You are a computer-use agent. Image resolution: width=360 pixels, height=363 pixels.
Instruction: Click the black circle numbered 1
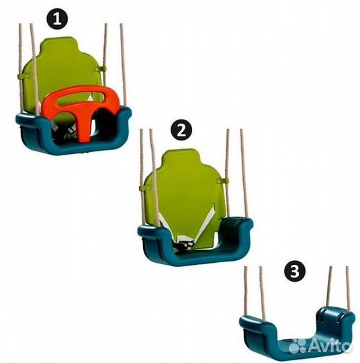(x=57, y=19)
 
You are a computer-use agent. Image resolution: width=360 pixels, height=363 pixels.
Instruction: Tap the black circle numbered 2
(x=181, y=130)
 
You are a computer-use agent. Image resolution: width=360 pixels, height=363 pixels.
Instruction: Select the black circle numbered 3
(x=295, y=271)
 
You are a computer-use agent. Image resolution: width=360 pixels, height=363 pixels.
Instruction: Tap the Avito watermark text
(x=330, y=346)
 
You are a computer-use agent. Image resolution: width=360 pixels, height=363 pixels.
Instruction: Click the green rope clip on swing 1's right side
(x=102, y=69)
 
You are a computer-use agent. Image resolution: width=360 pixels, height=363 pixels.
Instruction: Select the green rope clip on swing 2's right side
(x=224, y=181)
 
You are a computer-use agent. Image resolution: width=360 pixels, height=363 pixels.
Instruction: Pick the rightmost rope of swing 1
(x=123, y=65)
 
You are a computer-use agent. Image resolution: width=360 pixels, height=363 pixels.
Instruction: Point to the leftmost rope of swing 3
(x=246, y=291)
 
